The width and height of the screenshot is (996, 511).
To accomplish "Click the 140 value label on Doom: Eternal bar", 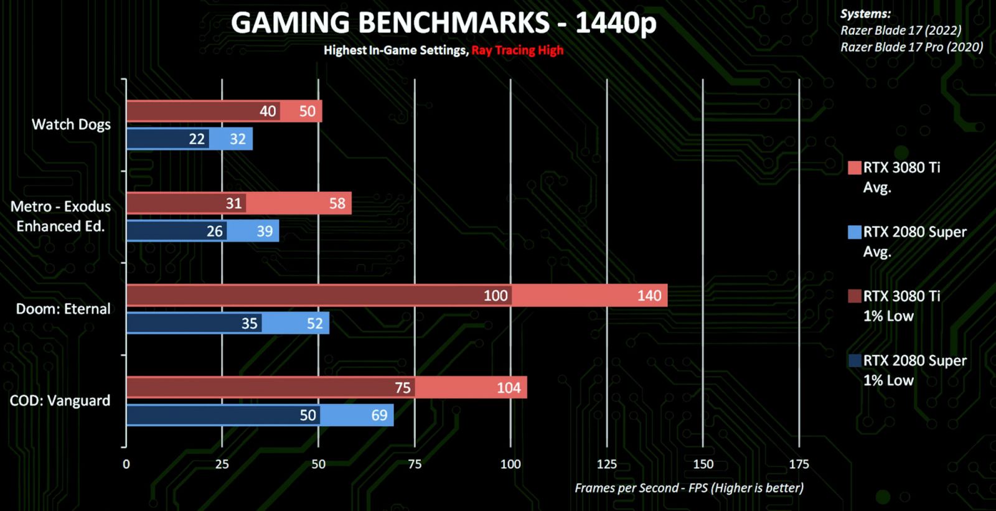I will pyautogui.click(x=649, y=296).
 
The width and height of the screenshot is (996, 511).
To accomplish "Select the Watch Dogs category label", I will pyautogui.click(x=71, y=124).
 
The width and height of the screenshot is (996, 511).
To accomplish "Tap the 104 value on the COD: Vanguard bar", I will pyautogui.click(x=508, y=388).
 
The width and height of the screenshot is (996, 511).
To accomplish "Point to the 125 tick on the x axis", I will pyautogui.click(x=606, y=464).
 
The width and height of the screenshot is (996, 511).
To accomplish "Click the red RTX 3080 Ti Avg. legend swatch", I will pyautogui.click(x=854, y=167).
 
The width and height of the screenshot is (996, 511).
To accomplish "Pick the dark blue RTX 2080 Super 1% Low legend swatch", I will pyautogui.click(x=854, y=360).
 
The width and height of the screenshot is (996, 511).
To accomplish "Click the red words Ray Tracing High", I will pyautogui.click(x=517, y=50).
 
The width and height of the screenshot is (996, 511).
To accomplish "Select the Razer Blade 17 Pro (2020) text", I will pyautogui.click(x=911, y=47).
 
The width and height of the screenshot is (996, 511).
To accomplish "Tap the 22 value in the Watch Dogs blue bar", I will pyautogui.click(x=197, y=139).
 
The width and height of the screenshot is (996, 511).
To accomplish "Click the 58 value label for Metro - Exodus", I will pyautogui.click(x=337, y=204).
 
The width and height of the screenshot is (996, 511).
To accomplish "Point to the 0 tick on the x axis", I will pyautogui.click(x=126, y=464).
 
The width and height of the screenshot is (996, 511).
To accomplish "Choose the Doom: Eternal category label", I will pyautogui.click(x=63, y=309).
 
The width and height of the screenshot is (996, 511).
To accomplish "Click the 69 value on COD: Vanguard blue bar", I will pyautogui.click(x=379, y=415).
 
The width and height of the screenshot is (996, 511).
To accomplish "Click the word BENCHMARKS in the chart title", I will pyautogui.click(x=454, y=24).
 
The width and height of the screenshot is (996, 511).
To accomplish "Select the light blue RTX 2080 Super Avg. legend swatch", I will pyautogui.click(x=854, y=232).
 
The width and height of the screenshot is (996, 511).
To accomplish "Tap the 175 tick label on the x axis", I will pyautogui.click(x=799, y=464).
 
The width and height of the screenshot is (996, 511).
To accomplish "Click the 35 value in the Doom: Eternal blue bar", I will pyautogui.click(x=249, y=324).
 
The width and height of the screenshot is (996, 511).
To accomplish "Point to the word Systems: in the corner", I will pyautogui.click(x=865, y=14).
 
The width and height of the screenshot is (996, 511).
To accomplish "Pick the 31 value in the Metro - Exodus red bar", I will pyautogui.click(x=233, y=204).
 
